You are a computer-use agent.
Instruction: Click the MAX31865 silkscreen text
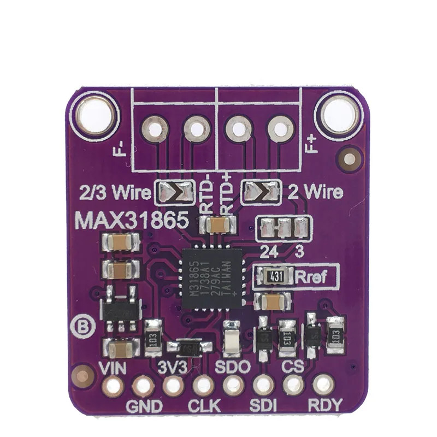[132, 221]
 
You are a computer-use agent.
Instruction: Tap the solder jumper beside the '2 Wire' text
[262, 191]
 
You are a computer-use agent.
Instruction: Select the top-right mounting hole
[339, 114]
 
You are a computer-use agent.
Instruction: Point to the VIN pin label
[113, 368]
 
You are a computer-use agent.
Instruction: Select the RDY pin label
[324, 405]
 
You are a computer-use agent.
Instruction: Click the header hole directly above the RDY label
[324, 385]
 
